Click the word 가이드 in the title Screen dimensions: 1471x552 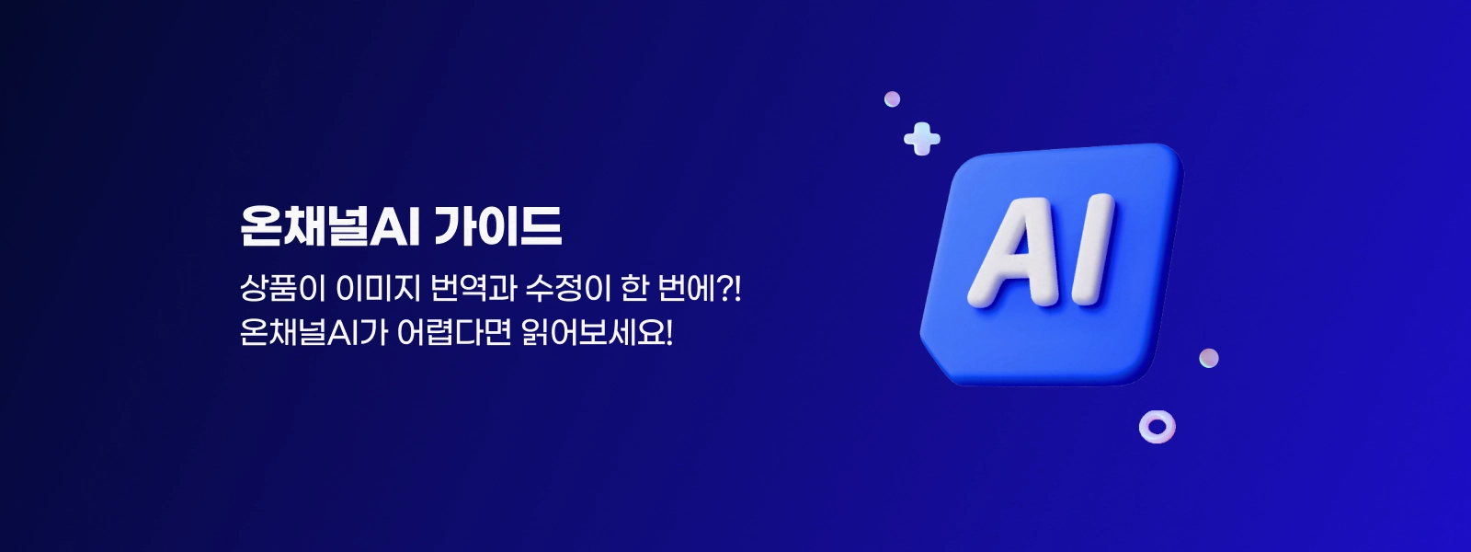[x=497, y=226]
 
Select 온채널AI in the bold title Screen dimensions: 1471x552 [x=329, y=226]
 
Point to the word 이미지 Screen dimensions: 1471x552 [x=377, y=289]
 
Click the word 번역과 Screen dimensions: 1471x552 [x=473, y=289]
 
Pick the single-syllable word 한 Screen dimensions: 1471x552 [x=633, y=289]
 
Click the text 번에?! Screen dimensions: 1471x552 [x=699, y=289]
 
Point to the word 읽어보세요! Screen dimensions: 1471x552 [x=597, y=332]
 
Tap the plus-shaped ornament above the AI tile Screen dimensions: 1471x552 [x=922, y=139]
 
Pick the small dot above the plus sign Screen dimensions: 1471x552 [x=892, y=99]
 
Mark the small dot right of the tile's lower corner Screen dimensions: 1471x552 [x=1208, y=358]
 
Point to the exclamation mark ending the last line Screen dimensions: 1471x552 [x=669, y=333]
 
